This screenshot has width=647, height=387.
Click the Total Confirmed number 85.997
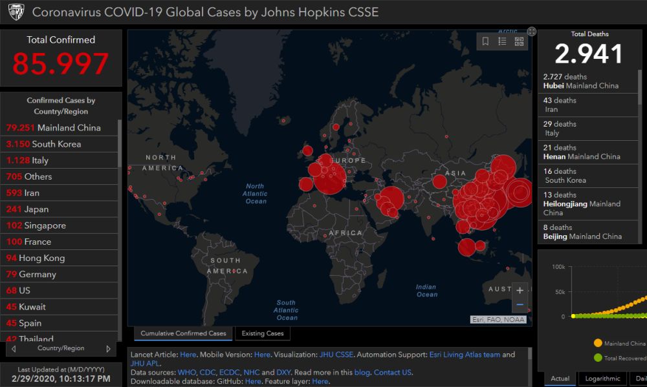click(x=60, y=64)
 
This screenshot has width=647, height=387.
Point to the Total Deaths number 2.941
click(x=589, y=54)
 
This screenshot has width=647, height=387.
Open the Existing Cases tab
click(x=262, y=333)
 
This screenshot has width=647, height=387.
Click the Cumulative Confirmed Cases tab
click(x=183, y=333)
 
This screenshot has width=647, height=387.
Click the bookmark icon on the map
click(x=485, y=41)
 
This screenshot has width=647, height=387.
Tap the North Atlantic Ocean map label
click(x=256, y=194)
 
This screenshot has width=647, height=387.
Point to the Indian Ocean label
click(x=426, y=291)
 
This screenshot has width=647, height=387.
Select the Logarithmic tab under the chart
click(x=602, y=379)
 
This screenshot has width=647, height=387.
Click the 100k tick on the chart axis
click(x=558, y=267)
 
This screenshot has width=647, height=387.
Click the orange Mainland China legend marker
click(x=597, y=343)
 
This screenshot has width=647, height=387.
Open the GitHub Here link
click(x=253, y=382)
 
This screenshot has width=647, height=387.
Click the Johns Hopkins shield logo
click(x=16, y=12)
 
